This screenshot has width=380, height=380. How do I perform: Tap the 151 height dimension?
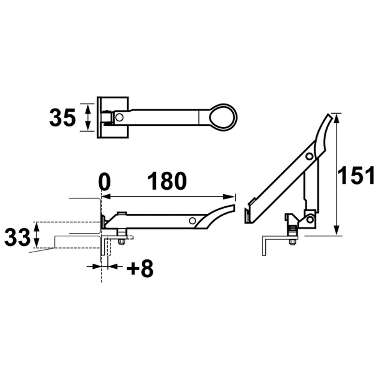point(356,175)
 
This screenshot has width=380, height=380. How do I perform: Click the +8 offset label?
point(140,268)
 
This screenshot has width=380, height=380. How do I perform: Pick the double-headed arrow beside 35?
point(88,118)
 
